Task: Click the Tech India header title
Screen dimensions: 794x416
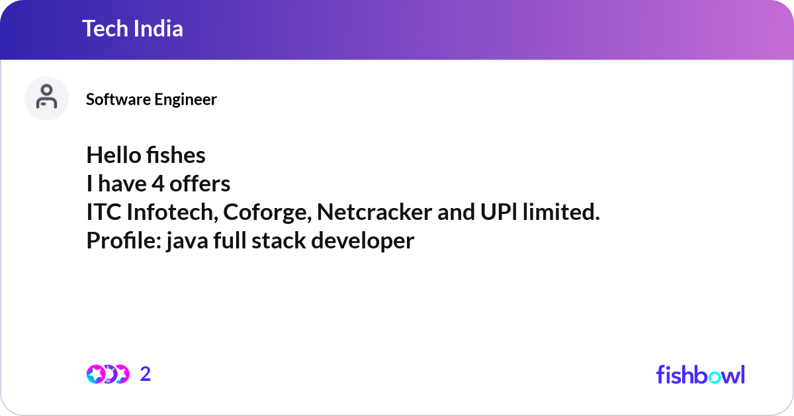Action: coord(132,28)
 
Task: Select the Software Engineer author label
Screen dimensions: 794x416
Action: coord(152,99)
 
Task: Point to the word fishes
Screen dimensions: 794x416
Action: coord(176,155)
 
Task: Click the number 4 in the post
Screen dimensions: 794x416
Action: coord(157,183)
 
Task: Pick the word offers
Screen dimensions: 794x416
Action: coord(200,183)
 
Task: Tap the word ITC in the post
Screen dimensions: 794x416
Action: coord(103,212)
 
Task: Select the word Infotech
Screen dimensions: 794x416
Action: coord(172,212)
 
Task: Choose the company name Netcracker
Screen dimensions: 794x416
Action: coord(375,212)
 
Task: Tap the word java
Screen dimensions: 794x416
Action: coord(187,242)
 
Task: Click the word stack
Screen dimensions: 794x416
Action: coord(279,240)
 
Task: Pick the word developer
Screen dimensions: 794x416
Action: coord(363,242)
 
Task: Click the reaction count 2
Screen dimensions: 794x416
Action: coord(146,374)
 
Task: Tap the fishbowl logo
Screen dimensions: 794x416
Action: coord(701,374)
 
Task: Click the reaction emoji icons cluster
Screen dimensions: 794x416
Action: coord(108,374)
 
